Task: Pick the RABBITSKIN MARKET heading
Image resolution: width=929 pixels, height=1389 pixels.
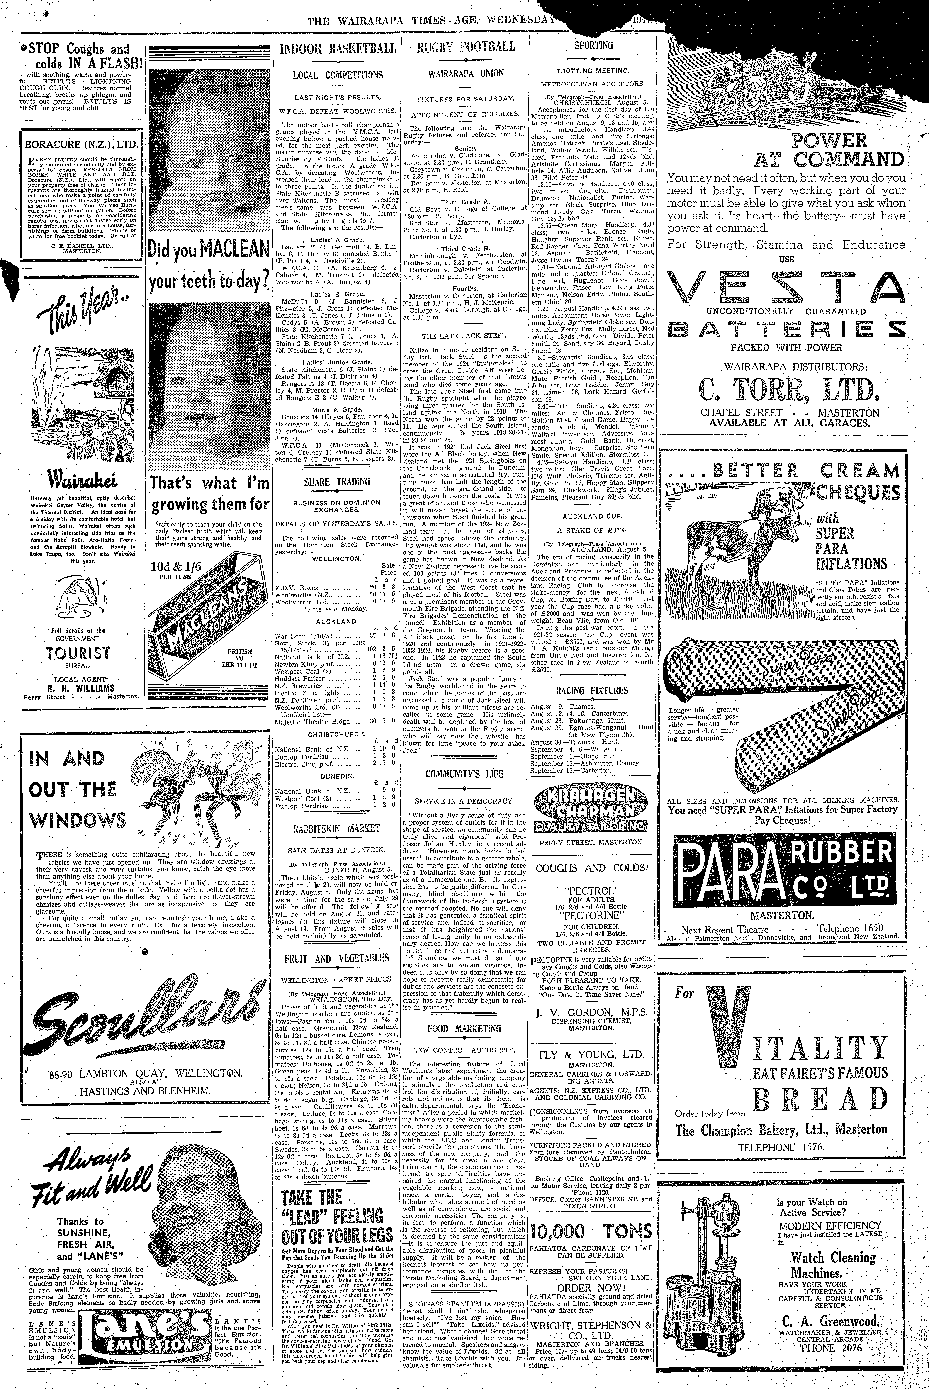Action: [x=337, y=828]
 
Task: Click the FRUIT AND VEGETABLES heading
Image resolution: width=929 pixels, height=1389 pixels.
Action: [x=337, y=958]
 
